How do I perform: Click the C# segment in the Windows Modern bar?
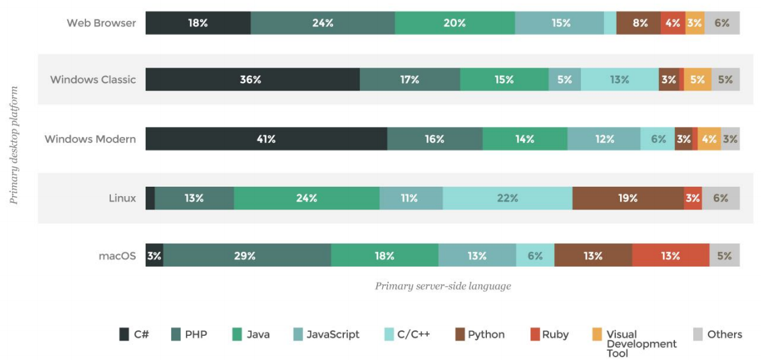point(266,139)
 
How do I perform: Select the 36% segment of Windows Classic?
point(253,79)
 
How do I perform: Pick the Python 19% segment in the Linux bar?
point(627,198)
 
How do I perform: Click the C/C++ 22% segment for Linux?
point(507,198)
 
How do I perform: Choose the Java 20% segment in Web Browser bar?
point(455,23)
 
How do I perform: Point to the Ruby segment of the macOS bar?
point(670,255)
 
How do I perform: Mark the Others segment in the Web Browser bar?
point(722,23)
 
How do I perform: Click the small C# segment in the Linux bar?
point(150,198)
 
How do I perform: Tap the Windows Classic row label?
point(93,79)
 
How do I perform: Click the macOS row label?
point(117,255)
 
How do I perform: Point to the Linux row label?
point(122,198)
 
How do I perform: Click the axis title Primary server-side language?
point(443,286)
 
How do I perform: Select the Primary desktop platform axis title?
point(14,144)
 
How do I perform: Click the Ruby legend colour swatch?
point(535,334)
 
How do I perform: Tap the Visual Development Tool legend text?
point(641,343)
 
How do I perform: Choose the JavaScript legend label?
point(332,334)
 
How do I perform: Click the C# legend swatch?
point(124,334)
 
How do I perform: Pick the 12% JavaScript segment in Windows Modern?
point(603,139)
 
